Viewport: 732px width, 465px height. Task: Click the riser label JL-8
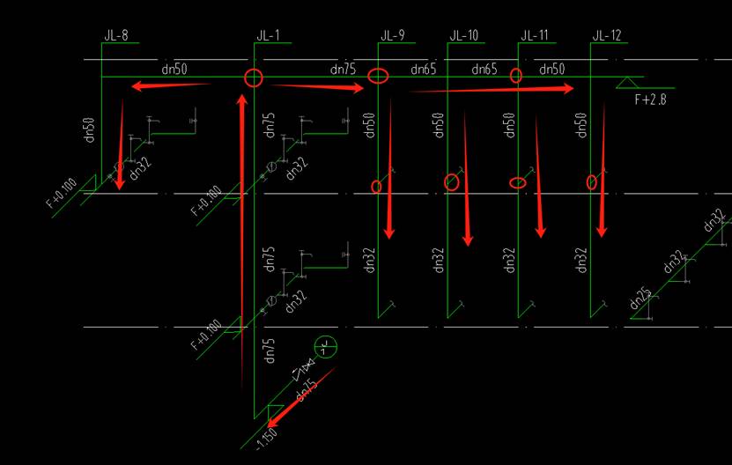(x=115, y=36)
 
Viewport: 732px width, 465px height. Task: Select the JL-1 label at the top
(x=268, y=36)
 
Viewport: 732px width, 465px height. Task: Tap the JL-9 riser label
(x=393, y=36)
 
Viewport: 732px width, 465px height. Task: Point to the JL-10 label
(x=463, y=36)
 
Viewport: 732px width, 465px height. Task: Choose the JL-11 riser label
(x=534, y=36)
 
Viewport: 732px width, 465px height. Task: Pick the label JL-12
(x=607, y=36)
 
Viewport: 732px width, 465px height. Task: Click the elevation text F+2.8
(x=651, y=100)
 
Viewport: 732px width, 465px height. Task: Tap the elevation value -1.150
(x=266, y=438)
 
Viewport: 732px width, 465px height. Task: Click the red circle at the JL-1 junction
(x=254, y=77)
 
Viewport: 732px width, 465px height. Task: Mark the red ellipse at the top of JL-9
(x=378, y=76)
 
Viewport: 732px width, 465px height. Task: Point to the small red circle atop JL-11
(x=516, y=76)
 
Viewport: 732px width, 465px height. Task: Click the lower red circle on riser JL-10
(x=452, y=182)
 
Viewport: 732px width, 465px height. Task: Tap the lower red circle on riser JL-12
(x=593, y=182)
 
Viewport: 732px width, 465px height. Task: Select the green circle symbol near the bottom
(x=325, y=346)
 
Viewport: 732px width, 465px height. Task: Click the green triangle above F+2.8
(x=627, y=83)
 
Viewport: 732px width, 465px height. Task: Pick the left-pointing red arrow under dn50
(x=172, y=86)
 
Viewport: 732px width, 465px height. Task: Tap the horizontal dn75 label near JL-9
(x=343, y=69)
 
